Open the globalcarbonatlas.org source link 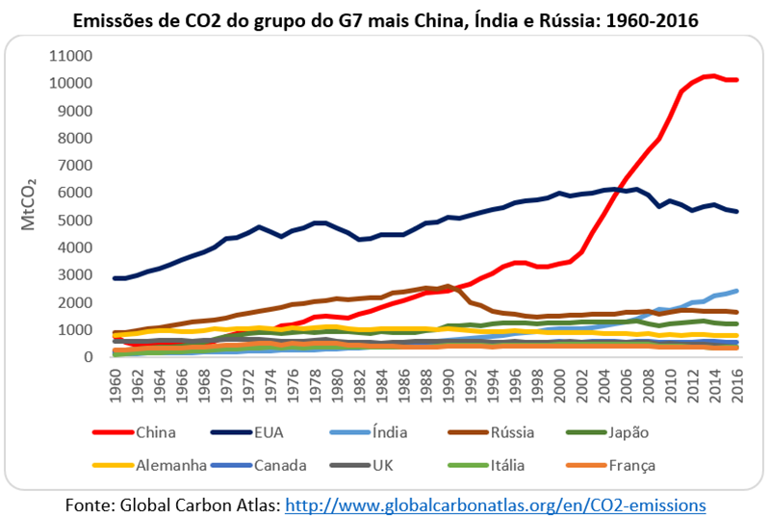[497, 504]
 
